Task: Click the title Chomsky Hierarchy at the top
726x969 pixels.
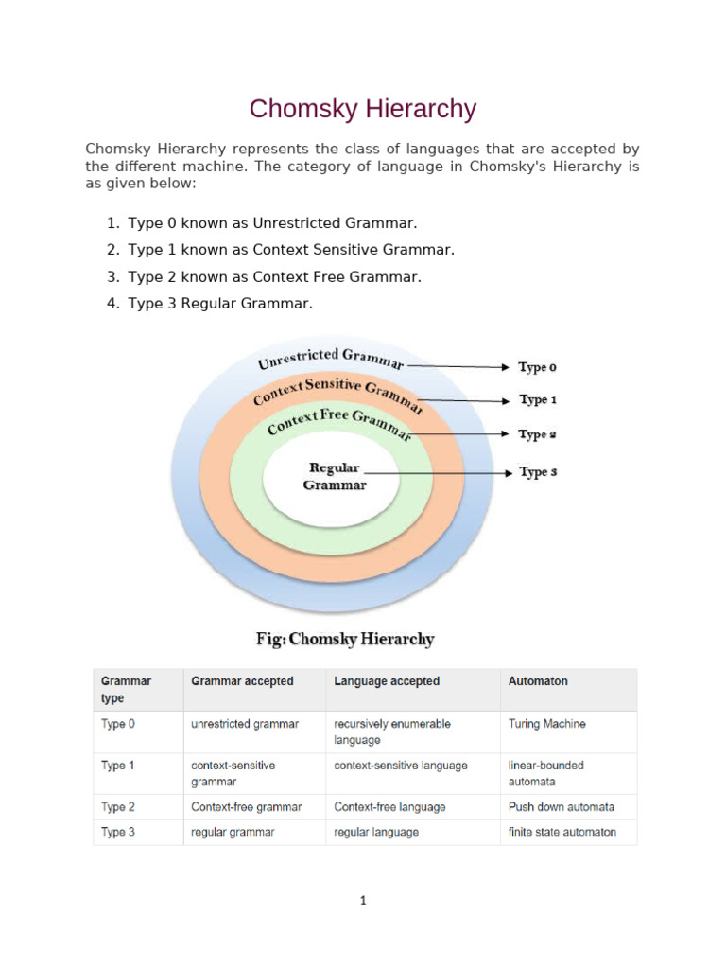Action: coord(363,109)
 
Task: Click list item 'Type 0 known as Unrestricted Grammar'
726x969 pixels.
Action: coord(272,223)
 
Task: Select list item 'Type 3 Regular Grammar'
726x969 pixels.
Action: coord(219,304)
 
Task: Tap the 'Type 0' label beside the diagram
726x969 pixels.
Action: coord(538,367)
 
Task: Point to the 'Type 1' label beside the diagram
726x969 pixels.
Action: coord(538,400)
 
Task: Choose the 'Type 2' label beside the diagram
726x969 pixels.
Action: coord(538,435)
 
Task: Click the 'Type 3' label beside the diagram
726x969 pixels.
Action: coord(538,472)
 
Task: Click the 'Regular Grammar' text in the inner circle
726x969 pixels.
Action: coord(335,476)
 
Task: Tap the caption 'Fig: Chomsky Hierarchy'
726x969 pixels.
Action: coord(345,639)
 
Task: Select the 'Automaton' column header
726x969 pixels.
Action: coord(538,681)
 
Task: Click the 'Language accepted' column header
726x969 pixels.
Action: coord(387,681)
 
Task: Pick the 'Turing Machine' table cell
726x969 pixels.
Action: coord(546,724)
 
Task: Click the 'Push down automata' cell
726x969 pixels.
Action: coord(561,807)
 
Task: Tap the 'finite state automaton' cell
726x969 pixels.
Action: coord(562,833)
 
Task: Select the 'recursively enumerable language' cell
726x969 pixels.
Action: coord(392,731)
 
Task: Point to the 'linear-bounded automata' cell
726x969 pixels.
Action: coord(545,773)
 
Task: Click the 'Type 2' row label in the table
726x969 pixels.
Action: coord(118,807)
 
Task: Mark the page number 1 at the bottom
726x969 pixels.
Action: coord(363,901)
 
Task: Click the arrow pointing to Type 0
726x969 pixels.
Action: coord(458,366)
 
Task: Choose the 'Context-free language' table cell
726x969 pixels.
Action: coord(389,807)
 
